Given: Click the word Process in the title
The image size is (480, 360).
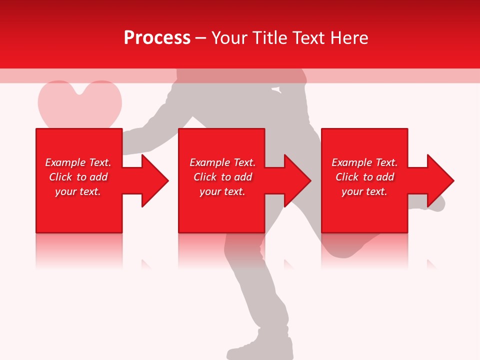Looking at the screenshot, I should (x=157, y=38).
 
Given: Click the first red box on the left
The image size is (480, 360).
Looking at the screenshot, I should (x=79, y=215).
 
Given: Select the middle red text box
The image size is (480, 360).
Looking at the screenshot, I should (x=221, y=215).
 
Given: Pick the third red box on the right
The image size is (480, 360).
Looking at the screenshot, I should (x=364, y=215).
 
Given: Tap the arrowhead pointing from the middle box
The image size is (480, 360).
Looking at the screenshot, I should (x=297, y=180).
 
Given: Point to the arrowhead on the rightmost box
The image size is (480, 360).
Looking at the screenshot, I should (x=439, y=180).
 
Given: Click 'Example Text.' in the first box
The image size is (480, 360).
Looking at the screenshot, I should (x=78, y=162).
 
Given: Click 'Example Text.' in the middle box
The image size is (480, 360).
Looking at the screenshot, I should (x=222, y=162).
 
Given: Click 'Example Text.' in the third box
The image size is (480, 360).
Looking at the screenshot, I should (x=364, y=162).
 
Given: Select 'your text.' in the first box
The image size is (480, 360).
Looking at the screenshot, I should (x=78, y=191).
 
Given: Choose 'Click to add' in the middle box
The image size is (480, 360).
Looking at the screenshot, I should (x=222, y=177).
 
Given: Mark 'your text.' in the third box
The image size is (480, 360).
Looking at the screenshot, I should (x=364, y=191).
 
